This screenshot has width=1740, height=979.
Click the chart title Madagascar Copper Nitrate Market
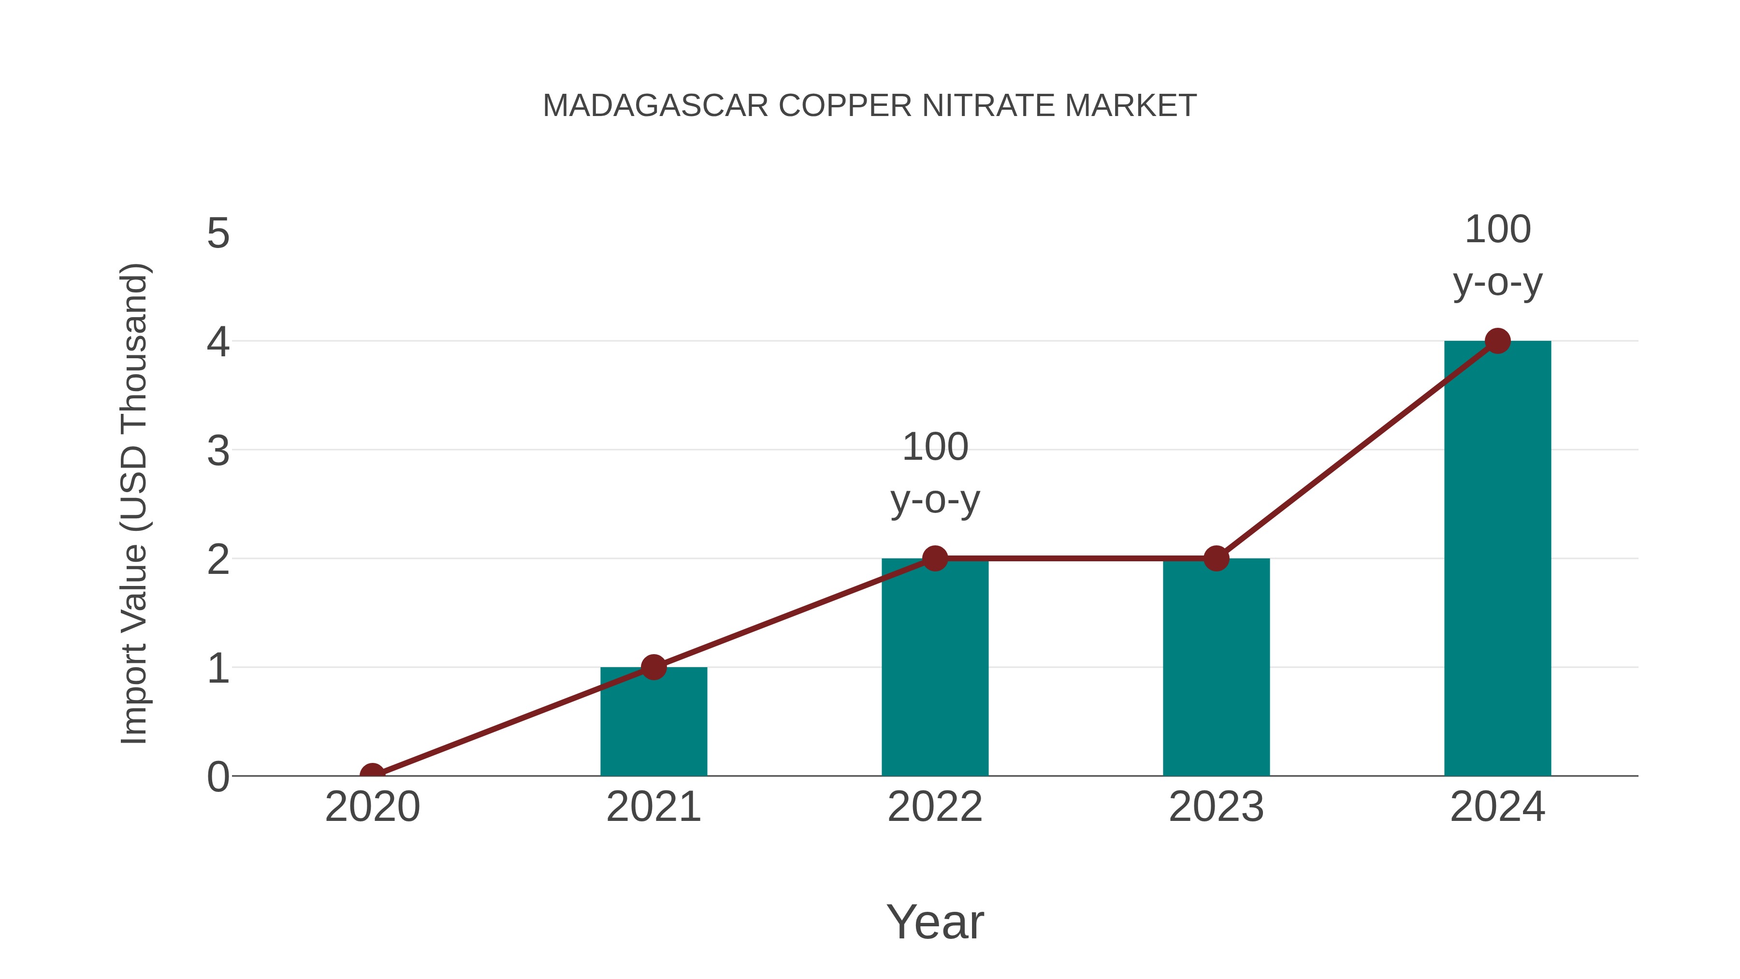click(x=870, y=106)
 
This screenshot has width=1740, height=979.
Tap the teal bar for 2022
click(x=935, y=669)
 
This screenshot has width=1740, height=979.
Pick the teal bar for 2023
click(x=1216, y=669)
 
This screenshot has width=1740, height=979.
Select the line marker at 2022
click(x=935, y=559)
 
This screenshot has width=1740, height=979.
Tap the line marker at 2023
click(x=1216, y=559)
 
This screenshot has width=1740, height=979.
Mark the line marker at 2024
click(x=1497, y=341)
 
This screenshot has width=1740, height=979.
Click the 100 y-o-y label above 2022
click(x=935, y=474)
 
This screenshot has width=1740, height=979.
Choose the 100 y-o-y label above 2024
click(x=1497, y=256)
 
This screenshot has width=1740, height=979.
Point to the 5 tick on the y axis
click(x=218, y=234)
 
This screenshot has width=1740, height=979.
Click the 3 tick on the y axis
click(x=218, y=451)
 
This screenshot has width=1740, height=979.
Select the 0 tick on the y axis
click(x=218, y=777)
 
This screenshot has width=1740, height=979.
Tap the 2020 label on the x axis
click(x=372, y=807)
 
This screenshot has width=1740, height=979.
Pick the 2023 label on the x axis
click(x=1216, y=807)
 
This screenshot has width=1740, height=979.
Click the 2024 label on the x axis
click(x=1497, y=807)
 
